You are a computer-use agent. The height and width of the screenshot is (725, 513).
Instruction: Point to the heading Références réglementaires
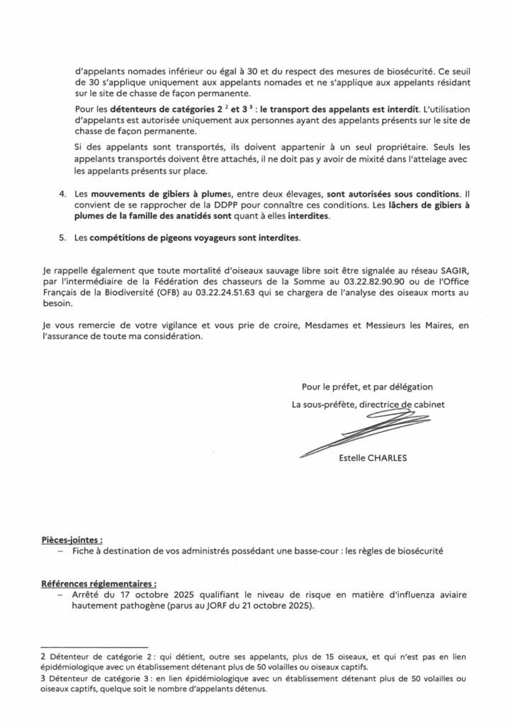(98, 584)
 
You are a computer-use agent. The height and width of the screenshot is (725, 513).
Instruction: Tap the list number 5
(62, 238)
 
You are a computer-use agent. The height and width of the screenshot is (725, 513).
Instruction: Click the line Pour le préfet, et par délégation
(366, 387)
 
